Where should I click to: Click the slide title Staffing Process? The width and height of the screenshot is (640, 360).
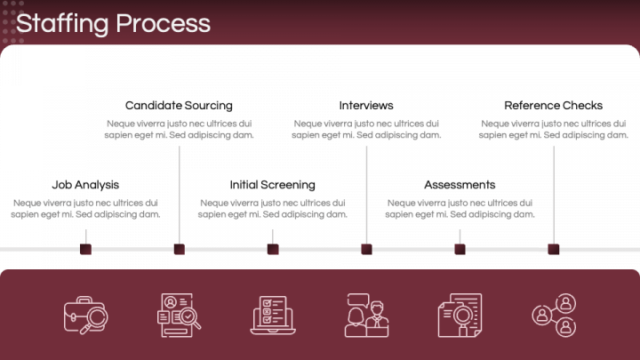point(113,23)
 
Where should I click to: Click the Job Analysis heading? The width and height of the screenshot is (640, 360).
point(85,185)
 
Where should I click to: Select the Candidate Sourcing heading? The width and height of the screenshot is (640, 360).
point(179,105)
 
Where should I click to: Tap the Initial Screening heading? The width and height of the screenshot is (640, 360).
point(272,185)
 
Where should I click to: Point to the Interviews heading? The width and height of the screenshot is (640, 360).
point(366,105)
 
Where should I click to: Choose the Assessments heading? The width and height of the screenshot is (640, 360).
point(460,185)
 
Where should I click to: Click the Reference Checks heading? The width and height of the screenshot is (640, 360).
point(553,105)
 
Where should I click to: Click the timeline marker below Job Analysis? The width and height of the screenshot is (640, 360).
point(85,249)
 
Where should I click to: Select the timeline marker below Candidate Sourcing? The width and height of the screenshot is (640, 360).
point(179,249)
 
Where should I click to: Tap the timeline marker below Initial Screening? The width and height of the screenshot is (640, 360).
point(273,249)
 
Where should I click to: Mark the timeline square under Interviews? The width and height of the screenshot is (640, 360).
point(366,249)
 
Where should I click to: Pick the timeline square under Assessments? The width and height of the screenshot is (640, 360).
point(460,249)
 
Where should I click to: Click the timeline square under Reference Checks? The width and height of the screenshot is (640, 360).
point(554,249)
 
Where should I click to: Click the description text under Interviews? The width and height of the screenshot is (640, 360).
point(366,130)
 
